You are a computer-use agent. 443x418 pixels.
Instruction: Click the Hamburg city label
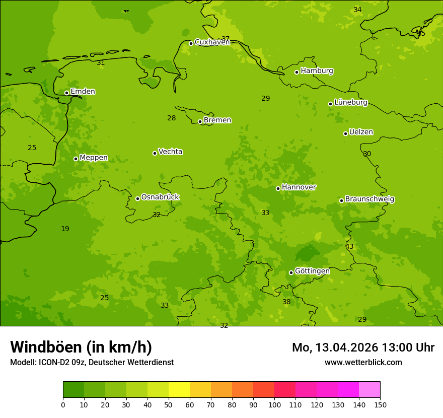(x=317, y=71)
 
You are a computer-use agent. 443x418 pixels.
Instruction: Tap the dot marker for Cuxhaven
(x=191, y=43)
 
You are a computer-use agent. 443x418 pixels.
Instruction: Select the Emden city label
(x=83, y=92)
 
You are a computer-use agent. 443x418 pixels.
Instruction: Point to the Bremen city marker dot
(x=200, y=121)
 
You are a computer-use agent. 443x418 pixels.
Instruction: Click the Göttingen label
(x=312, y=271)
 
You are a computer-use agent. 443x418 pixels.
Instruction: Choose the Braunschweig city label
(x=370, y=199)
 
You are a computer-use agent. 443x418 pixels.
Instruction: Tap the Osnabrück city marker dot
(x=137, y=198)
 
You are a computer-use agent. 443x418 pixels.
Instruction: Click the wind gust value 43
(x=349, y=247)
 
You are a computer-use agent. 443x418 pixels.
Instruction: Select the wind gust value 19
(x=65, y=229)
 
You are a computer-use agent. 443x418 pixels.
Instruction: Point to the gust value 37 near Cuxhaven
(x=226, y=39)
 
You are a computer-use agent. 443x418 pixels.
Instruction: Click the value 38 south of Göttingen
(x=286, y=302)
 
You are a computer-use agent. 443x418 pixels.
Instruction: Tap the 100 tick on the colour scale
(x=274, y=404)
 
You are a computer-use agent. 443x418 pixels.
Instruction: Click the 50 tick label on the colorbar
(x=169, y=404)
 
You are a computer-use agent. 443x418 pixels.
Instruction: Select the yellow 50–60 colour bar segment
(x=179, y=390)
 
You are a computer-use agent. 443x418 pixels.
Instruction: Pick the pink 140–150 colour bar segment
(x=370, y=390)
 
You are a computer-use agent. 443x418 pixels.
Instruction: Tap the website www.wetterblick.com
(x=363, y=363)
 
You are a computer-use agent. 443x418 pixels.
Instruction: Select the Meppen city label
(x=94, y=158)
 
